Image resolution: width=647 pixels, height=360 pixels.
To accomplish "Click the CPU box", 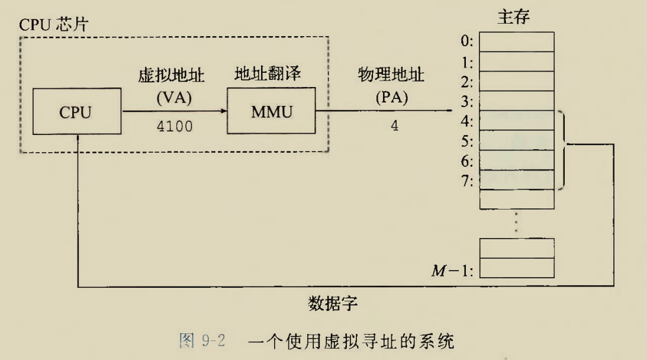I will coord(78,111).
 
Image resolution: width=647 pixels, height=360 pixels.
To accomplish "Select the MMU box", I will coord(272,111).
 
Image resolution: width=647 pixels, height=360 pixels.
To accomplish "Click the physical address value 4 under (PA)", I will coord(394,126).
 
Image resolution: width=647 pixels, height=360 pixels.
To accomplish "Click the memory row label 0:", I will coord(468,41).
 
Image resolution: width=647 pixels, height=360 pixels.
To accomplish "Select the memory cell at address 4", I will coord(516,120).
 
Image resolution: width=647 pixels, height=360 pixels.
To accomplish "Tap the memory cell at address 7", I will coord(516,180).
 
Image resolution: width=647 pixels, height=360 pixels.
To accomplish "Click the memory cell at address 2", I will coord(516,81).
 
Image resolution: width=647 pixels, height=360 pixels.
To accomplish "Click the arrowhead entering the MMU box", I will coord(224,111).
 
